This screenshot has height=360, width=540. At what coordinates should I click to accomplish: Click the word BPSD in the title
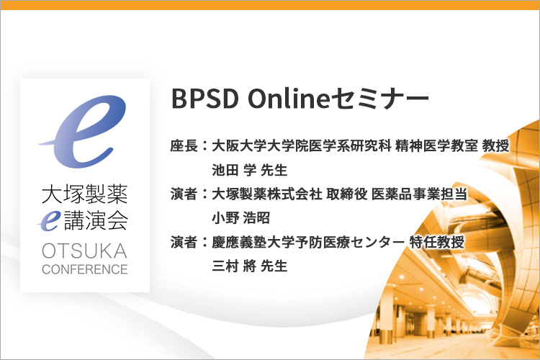pyautogui.click(x=205, y=99)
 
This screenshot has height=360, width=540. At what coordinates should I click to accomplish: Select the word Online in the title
pyautogui.click(x=289, y=98)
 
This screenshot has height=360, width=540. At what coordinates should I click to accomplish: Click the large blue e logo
pyautogui.click(x=84, y=130)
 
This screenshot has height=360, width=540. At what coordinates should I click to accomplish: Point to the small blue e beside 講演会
pyautogui.click(x=50, y=220)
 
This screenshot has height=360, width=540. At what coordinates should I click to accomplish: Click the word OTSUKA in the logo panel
pyautogui.click(x=84, y=251)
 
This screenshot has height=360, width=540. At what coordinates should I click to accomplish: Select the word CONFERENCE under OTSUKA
pyautogui.click(x=85, y=269)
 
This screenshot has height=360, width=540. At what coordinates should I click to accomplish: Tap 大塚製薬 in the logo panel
pyautogui.click(x=85, y=194)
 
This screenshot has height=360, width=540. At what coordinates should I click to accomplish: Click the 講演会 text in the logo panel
pyautogui.click(x=96, y=220)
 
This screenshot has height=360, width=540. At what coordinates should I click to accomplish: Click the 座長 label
pyautogui.click(x=184, y=145)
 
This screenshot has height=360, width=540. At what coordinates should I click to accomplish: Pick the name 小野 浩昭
pyautogui.click(x=240, y=218)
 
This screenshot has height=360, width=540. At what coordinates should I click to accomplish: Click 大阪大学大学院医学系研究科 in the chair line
pyautogui.click(x=302, y=145)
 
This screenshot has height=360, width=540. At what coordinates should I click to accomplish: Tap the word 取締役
pyautogui.click(x=347, y=194)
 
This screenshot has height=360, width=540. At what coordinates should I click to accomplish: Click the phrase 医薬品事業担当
pyautogui.click(x=419, y=194)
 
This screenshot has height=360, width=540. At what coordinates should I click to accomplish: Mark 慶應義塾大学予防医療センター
pyautogui.click(x=308, y=242)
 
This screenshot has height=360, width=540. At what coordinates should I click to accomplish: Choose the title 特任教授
pyautogui.click(x=437, y=242)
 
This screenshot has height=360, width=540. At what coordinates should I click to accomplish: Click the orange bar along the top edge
pyautogui.click(x=270, y=5)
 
